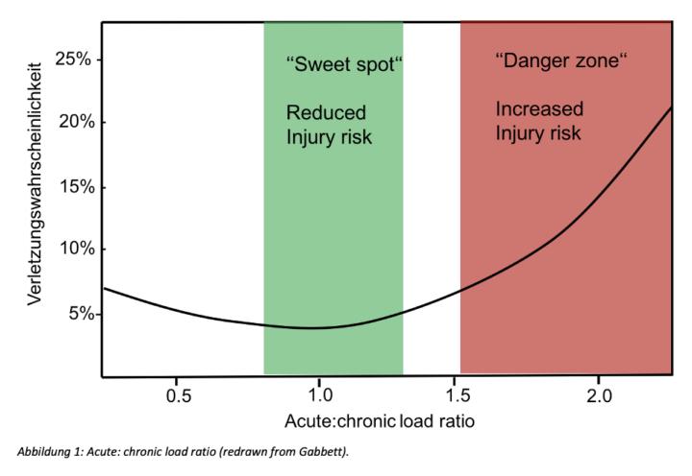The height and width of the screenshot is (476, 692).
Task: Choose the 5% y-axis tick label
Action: click(77, 314)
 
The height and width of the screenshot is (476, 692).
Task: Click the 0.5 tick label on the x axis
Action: click(178, 394)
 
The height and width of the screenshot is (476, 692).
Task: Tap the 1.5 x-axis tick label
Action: click(460, 394)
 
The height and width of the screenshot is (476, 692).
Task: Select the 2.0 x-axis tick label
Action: click(600, 394)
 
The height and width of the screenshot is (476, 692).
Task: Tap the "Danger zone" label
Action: click(560, 61)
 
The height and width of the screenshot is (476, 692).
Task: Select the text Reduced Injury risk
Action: click(329, 125)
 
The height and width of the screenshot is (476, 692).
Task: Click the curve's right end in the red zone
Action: click(670, 107)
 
